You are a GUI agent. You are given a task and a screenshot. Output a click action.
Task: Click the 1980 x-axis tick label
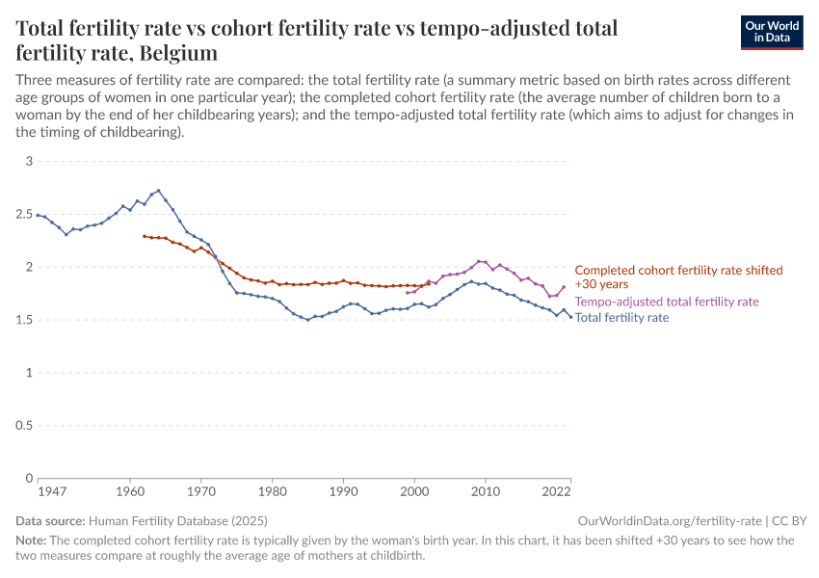click(x=273, y=491)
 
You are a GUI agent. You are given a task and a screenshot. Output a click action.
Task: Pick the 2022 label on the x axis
click(x=555, y=491)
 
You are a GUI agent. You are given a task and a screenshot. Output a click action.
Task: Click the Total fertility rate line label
click(x=621, y=317)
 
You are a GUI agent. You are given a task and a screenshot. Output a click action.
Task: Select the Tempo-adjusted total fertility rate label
click(x=667, y=302)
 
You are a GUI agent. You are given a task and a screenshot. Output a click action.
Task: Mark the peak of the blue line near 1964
click(x=159, y=191)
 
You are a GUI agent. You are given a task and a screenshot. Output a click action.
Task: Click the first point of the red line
click(x=145, y=236)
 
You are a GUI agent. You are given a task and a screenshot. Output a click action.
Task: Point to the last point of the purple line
click(x=564, y=286)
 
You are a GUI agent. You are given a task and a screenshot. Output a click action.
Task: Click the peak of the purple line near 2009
click(x=479, y=261)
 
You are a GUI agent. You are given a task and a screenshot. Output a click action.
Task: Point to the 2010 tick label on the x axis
click(x=486, y=491)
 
